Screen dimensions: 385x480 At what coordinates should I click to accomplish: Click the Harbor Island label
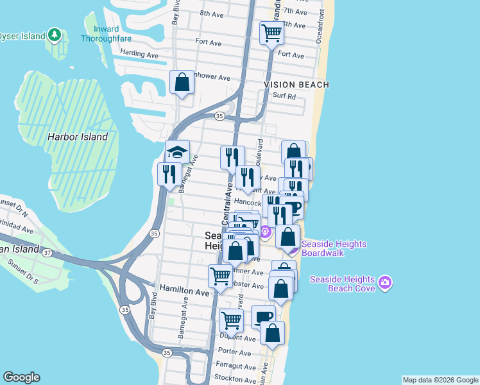[77, 137]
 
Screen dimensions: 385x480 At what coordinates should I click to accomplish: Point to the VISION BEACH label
[296, 85]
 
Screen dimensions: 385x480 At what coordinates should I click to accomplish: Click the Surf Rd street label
[284, 97]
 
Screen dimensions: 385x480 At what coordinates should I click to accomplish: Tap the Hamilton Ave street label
[185, 291]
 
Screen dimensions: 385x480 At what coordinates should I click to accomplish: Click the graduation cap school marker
[177, 152]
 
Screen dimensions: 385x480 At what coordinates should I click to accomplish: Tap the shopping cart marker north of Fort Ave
[271, 33]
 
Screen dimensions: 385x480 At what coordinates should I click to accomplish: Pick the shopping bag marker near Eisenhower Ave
[182, 82]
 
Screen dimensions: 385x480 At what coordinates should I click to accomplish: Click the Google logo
[21, 377]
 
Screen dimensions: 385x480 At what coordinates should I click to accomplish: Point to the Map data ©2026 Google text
[440, 380]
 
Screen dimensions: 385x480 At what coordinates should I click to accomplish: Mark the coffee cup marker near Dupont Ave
[263, 316]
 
